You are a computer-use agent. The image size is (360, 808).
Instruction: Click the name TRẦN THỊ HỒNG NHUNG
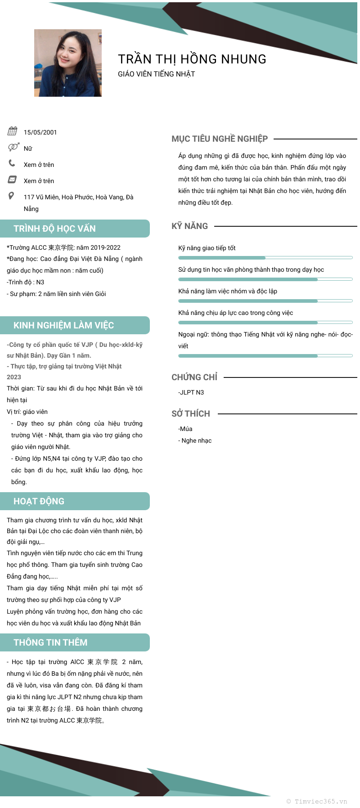192,59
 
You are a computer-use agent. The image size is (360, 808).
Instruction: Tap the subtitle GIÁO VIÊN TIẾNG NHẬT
156,74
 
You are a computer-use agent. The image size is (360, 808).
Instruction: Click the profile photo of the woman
68,63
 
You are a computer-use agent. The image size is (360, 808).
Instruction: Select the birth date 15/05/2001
40,132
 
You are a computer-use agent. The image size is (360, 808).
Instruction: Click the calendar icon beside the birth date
12,131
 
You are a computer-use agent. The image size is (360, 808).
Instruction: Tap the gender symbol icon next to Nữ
13,147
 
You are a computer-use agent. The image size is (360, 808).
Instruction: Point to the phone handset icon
12,163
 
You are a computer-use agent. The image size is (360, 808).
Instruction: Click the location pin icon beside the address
12,196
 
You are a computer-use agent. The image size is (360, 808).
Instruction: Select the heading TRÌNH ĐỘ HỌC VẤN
54,229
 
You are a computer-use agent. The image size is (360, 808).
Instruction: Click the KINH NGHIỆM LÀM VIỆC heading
63,325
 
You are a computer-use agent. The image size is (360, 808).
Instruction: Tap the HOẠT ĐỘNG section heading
39,501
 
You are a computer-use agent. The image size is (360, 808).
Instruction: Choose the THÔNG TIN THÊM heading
50,642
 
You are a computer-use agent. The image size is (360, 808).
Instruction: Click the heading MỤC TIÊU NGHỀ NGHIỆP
220,139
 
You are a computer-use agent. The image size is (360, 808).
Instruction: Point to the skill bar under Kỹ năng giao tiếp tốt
265,258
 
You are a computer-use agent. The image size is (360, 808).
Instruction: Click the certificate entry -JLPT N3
191,392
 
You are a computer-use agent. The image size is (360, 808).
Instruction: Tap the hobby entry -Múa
185,429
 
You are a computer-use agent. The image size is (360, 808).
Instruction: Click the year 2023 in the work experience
14,377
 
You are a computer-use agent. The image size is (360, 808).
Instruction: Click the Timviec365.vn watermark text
317,801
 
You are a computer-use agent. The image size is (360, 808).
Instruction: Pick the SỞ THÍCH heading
191,414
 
